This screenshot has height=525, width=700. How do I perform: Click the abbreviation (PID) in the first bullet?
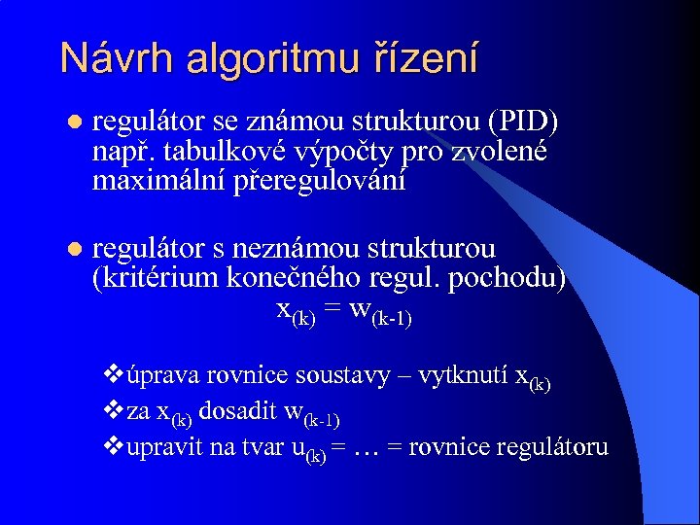[x=524, y=122]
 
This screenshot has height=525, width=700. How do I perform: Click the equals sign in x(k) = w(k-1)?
[x=334, y=310]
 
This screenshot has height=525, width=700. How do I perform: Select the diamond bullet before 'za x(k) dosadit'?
[x=111, y=411]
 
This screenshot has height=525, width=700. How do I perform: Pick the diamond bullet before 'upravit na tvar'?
[x=111, y=446]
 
